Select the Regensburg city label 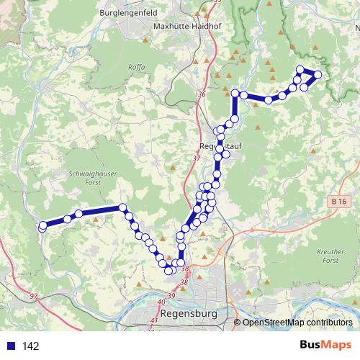click(190, 314)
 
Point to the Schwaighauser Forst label click(89, 177)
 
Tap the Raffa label click(137, 67)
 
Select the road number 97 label click(34, 296)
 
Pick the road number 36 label click(201, 95)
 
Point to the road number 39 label click(171, 296)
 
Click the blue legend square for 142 click(10, 346)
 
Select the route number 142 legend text click(30, 346)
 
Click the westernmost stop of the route click(42, 227)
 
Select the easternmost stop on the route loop click(318, 74)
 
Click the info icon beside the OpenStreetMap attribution click(236, 323)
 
